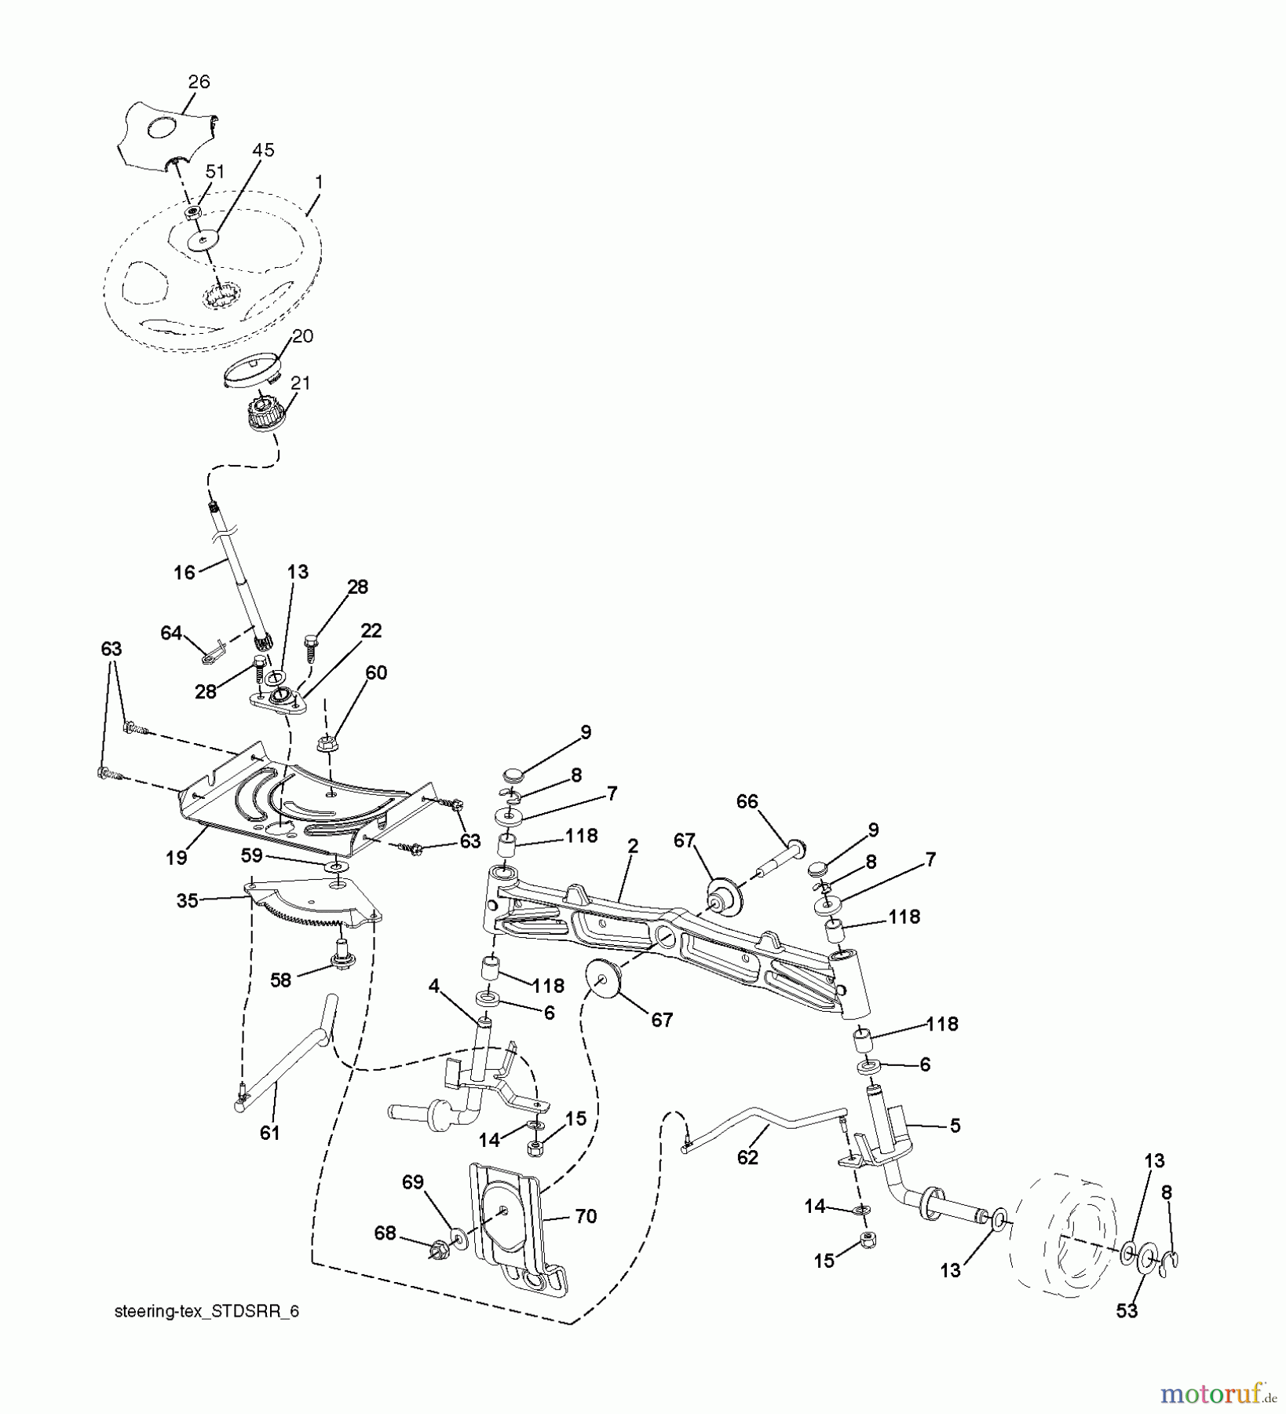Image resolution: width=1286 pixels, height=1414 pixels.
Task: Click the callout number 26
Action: point(199,82)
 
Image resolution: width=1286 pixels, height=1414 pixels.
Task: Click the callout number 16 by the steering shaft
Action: point(184,573)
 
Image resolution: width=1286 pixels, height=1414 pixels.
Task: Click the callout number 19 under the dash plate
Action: point(177,858)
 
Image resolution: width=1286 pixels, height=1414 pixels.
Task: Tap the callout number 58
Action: point(280,980)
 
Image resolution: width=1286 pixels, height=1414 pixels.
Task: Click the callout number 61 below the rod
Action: point(269,1133)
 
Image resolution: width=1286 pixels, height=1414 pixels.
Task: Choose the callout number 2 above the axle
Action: point(633,846)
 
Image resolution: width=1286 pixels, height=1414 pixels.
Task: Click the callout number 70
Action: point(586,1216)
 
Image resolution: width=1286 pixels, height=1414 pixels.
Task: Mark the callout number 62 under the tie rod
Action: point(747,1158)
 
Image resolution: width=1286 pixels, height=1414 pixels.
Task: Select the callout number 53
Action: point(1127,1311)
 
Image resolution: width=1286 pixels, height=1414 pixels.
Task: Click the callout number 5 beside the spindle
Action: point(955,1126)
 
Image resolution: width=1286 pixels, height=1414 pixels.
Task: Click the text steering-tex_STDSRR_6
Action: point(206,1312)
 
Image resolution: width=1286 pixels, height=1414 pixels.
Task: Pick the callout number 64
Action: point(171,632)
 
